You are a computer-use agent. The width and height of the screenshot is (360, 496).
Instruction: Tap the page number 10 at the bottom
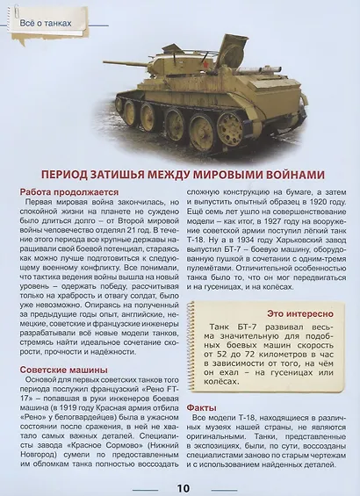click(x=181, y=488)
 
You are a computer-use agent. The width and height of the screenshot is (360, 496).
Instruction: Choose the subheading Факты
click(x=203, y=407)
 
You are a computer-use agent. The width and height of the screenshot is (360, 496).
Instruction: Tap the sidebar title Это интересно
click(x=300, y=313)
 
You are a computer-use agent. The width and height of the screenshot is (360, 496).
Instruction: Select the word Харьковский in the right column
click(x=292, y=258)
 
